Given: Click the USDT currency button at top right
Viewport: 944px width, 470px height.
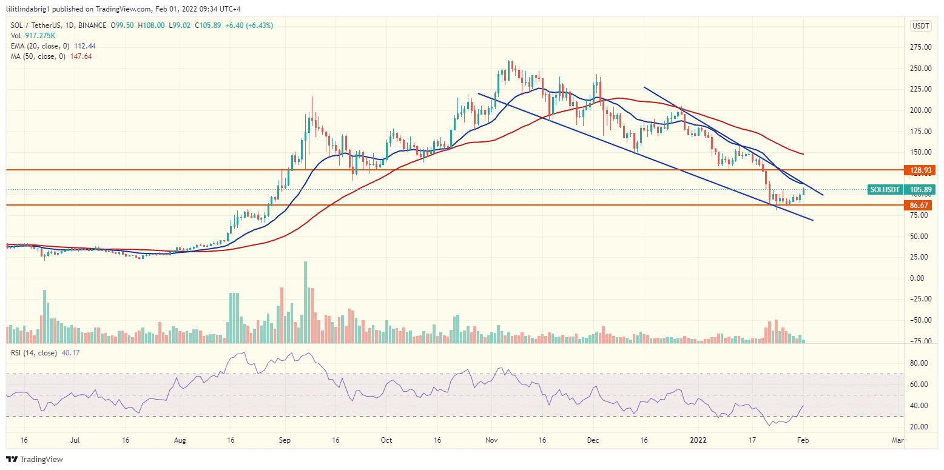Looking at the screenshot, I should [921, 25].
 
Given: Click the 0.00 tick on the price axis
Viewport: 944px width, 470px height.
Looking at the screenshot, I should [923, 278].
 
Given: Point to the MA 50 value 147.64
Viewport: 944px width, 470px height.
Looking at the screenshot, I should [81, 56].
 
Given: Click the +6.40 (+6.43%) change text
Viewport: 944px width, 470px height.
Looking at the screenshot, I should [249, 25].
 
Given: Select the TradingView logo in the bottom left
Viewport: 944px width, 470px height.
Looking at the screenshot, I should [35, 459].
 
